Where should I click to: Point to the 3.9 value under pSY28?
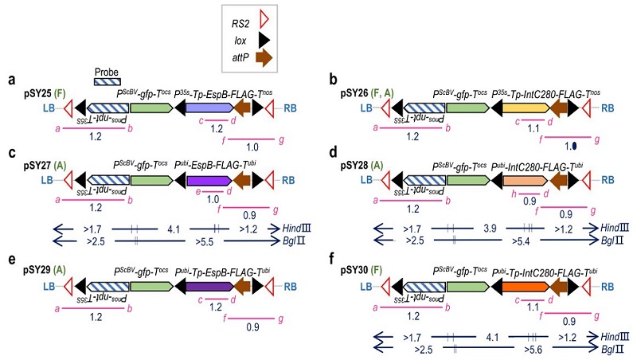click(x=491, y=228)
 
